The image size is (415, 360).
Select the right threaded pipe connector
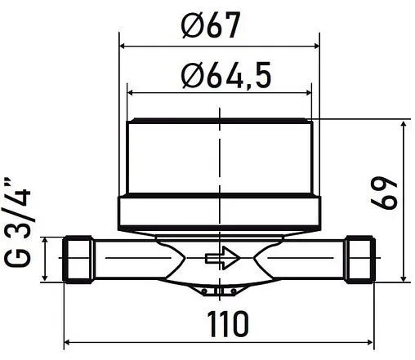[x=359, y=260]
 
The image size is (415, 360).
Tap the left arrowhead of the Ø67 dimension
[x=123, y=47]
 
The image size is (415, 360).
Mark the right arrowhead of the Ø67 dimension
[x=312, y=47]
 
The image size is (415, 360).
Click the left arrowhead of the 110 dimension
[x=67, y=342]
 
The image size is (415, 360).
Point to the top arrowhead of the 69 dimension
[x=404, y=122]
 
